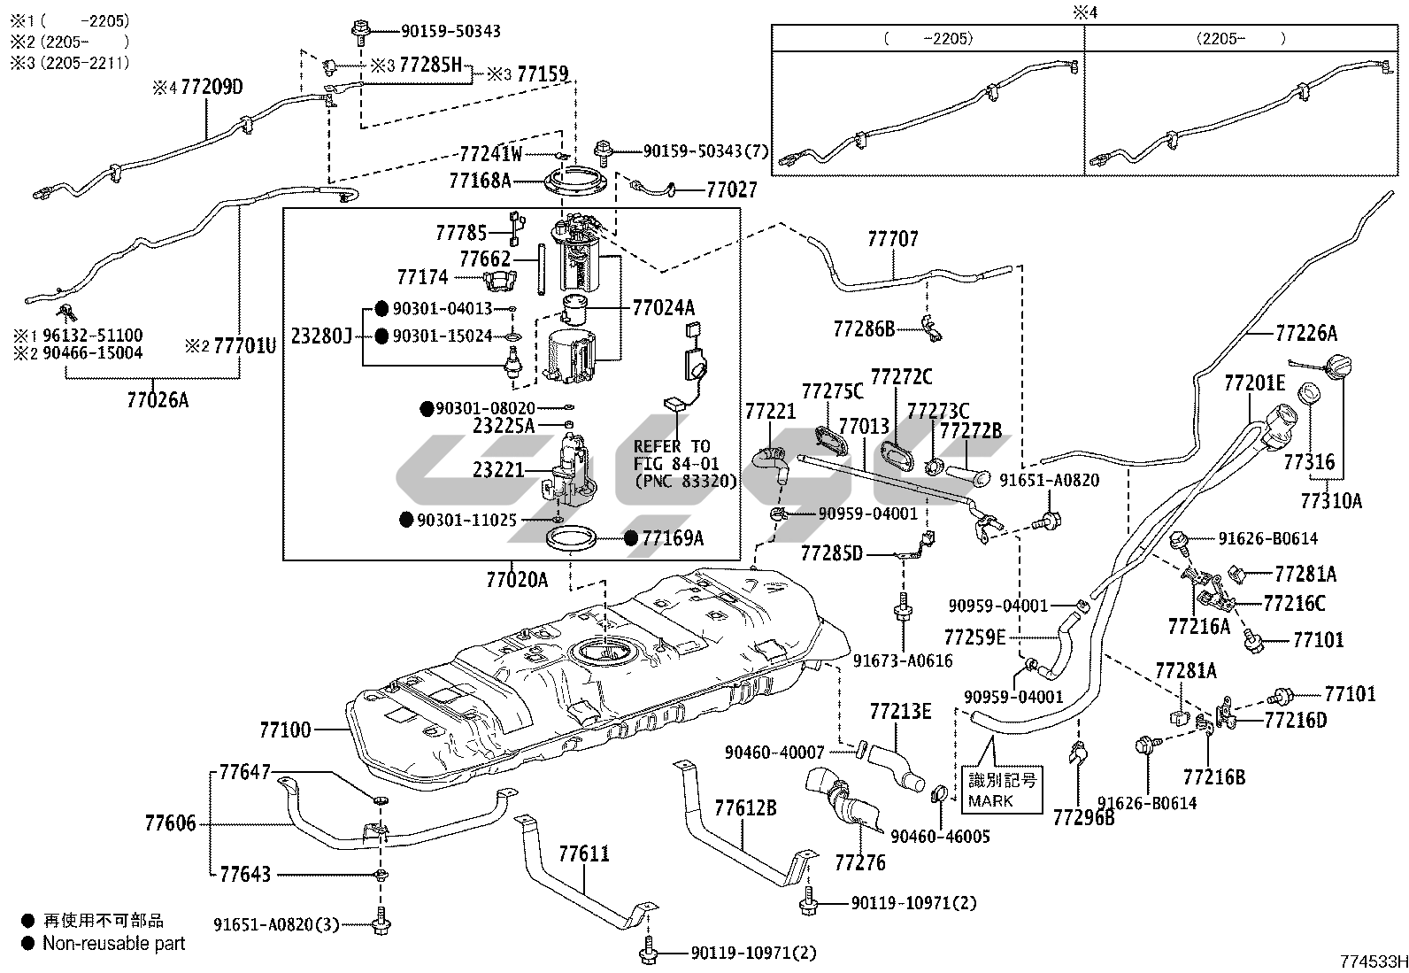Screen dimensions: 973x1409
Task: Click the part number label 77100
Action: [285, 730]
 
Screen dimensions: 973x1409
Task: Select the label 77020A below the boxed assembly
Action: [517, 580]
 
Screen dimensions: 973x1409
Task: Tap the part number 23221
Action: [498, 470]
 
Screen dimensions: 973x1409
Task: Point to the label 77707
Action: [893, 239]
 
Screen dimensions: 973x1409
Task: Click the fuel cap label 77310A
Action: [1331, 501]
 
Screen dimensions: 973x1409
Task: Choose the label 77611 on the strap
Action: [584, 853]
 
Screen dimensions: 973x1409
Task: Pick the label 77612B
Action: [745, 807]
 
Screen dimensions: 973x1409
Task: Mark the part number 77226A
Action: [1306, 333]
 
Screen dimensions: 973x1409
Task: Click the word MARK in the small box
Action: [990, 801]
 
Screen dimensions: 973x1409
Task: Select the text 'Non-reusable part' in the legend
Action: [114, 944]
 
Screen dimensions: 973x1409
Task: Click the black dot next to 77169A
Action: [631, 537]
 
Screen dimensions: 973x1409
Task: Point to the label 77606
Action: [171, 823]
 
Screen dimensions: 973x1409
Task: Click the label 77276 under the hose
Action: [859, 861]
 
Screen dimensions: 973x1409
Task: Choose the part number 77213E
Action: [900, 711]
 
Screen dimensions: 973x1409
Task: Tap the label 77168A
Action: [480, 181]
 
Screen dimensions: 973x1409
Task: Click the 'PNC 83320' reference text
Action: [686, 481]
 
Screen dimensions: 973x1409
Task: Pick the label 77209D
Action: [212, 87]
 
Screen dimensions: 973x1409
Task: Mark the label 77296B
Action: [1084, 816]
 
